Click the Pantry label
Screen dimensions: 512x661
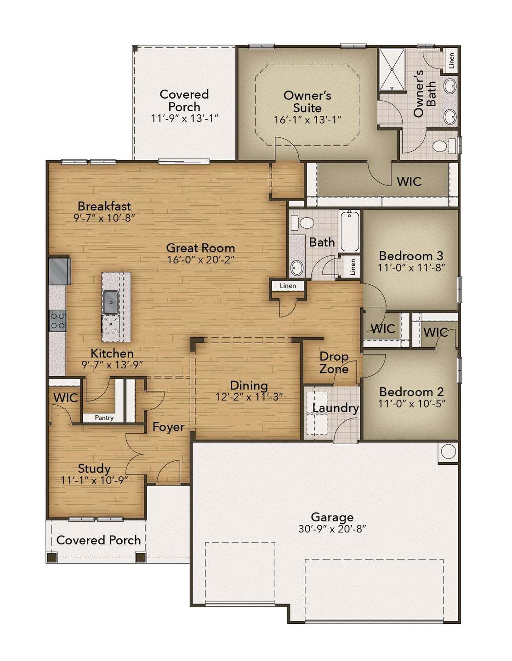104,418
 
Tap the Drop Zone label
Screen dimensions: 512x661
334,362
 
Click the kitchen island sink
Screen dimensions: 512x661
111,302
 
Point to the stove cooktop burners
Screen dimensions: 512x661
58,321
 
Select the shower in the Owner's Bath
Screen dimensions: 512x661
392,70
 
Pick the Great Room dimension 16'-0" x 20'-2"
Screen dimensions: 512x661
200,260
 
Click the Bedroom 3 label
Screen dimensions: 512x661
411,255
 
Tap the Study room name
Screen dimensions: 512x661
94,469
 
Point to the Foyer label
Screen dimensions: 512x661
168,427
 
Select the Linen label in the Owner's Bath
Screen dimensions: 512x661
451,61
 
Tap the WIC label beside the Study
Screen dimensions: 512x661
66,398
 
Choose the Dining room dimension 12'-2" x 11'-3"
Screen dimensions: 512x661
249,397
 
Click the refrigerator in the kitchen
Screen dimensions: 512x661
60,271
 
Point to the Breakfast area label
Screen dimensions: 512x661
104,206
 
